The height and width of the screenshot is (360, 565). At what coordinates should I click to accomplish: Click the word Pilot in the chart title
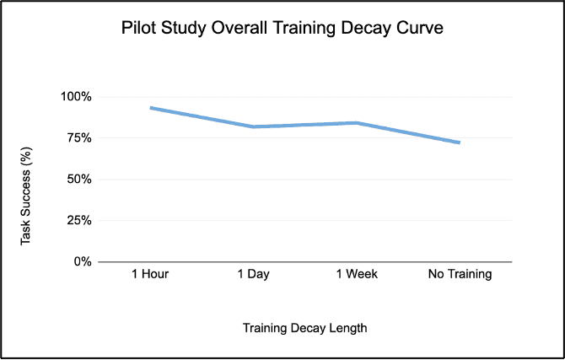click(139, 29)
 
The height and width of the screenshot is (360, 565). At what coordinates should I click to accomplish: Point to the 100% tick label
click(76, 96)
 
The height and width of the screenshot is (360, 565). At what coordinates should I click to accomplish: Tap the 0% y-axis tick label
click(83, 261)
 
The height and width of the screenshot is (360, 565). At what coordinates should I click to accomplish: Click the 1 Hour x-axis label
click(152, 275)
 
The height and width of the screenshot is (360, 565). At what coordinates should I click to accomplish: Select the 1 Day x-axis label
click(254, 275)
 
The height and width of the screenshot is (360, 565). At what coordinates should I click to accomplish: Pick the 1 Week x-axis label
click(358, 275)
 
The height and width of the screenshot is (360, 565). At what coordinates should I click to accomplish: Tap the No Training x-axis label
click(460, 275)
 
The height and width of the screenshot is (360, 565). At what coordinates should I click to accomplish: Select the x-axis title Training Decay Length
click(304, 326)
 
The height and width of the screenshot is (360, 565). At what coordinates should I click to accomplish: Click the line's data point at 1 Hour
click(152, 108)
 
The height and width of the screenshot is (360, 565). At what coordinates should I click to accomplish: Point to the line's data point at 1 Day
click(254, 126)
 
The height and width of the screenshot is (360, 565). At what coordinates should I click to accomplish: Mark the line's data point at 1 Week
click(358, 123)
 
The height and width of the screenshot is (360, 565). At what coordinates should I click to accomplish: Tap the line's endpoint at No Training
click(459, 142)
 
